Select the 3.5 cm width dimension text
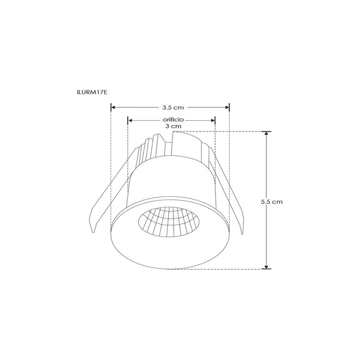173,107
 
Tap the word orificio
173,120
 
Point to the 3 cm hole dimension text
173,126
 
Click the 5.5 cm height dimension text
272,202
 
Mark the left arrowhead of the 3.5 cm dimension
113,107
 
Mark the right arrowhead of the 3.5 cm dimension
228,107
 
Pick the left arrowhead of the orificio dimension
130,121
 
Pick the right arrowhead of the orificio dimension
213,121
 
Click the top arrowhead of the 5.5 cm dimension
266,134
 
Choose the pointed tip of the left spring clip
94,231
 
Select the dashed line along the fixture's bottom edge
216,269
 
